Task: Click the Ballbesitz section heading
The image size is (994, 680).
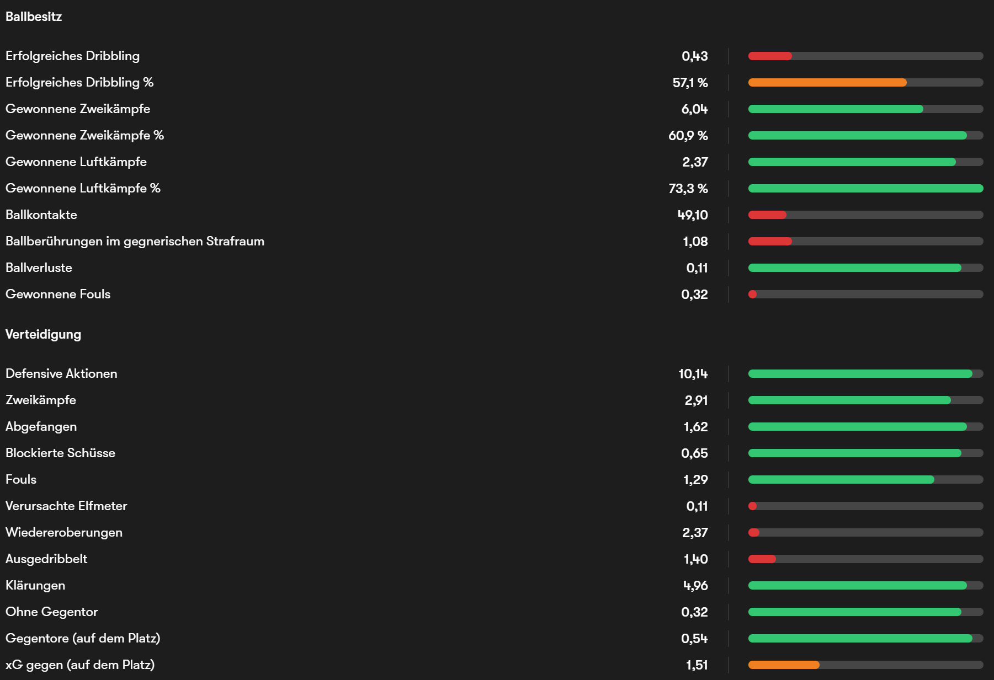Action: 34,17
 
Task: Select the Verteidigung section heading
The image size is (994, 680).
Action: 43,334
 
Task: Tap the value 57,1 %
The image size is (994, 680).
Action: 690,83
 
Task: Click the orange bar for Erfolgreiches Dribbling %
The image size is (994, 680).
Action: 827,83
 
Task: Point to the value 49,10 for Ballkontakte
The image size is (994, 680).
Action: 692,215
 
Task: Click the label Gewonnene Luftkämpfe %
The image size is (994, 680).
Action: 83,189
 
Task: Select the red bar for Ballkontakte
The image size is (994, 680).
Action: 767,215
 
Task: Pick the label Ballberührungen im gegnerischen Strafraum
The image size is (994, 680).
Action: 135,242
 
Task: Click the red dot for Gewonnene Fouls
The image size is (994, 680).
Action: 752,295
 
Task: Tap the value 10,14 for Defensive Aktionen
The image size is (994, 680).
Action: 693,374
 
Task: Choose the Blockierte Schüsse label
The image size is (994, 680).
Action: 60,453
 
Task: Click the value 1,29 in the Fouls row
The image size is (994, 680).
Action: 695,480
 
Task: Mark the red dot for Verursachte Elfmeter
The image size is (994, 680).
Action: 752,506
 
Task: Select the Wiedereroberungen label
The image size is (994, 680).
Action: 64,533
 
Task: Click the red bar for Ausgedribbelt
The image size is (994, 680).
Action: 762,559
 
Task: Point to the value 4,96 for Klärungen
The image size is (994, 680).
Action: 695,586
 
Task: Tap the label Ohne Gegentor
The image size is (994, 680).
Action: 51,612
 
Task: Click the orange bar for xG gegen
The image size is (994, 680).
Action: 784,665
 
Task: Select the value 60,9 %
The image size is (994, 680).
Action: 688,136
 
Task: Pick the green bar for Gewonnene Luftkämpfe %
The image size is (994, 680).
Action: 865,189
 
